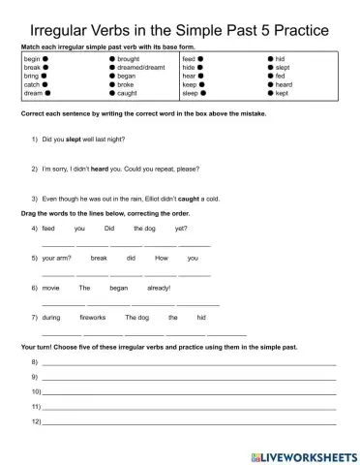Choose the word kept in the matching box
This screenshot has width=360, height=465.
(283, 94)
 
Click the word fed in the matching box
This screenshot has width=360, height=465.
(281, 77)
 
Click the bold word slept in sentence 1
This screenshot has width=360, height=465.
(75, 139)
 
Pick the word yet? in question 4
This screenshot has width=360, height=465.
(181, 229)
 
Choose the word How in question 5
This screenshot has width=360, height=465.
(161, 259)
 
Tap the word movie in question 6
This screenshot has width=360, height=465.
(51, 288)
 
